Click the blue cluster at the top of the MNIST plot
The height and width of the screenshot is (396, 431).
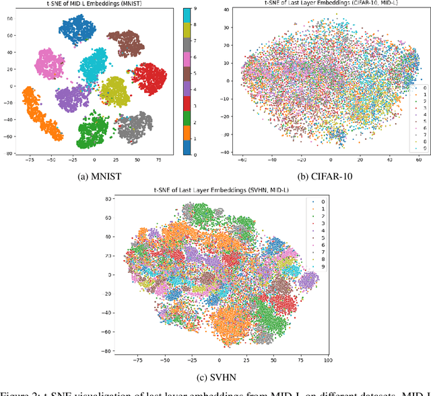point(77,29)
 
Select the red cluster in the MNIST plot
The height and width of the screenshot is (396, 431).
point(148,78)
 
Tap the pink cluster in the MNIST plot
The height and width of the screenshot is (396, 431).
point(49,64)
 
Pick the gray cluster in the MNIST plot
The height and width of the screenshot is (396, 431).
point(135,126)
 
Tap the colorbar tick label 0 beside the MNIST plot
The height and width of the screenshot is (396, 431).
point(195,154)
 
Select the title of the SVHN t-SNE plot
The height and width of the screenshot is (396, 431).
point(217,193)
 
